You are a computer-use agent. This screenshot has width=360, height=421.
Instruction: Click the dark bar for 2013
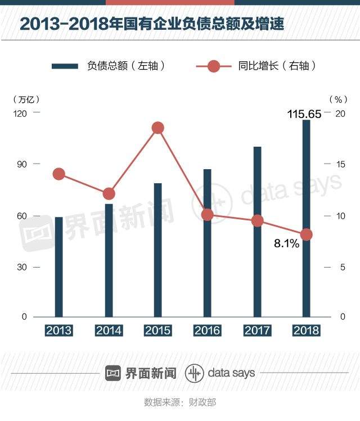[59, 267]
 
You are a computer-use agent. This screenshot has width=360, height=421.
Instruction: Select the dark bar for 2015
[158, 250]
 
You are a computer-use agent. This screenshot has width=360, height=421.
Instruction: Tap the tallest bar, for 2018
[306, 219]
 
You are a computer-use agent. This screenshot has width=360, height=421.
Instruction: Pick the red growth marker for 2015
[158, 128]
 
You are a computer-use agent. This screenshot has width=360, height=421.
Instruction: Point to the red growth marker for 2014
[109, 194]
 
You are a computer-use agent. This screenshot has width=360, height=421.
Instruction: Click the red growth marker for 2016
[208, 215]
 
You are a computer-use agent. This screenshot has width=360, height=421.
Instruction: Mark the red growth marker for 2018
[306, 234]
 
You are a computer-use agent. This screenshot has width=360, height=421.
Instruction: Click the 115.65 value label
[304, 114]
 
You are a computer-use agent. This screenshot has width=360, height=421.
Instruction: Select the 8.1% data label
[286, 245]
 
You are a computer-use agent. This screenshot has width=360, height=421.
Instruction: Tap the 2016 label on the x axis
[208, 331]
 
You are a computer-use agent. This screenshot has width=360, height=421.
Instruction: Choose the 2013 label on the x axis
[59, 331]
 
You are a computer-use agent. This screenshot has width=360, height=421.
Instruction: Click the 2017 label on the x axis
[257, 331]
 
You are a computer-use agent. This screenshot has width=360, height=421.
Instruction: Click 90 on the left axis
[21, 164]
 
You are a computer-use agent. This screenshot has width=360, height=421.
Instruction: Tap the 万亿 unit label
[26, 99]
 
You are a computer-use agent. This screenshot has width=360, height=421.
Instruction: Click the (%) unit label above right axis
[337, 99]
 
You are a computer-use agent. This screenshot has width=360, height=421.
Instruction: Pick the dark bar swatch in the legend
[65, 66]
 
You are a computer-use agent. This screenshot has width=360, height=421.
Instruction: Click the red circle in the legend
[214, 66]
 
